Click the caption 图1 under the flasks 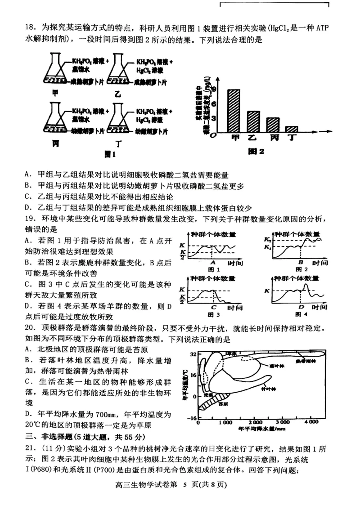(x=109, y=154)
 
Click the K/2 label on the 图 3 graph (x=182, y=299)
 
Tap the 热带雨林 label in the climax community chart (x=306, y=360)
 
